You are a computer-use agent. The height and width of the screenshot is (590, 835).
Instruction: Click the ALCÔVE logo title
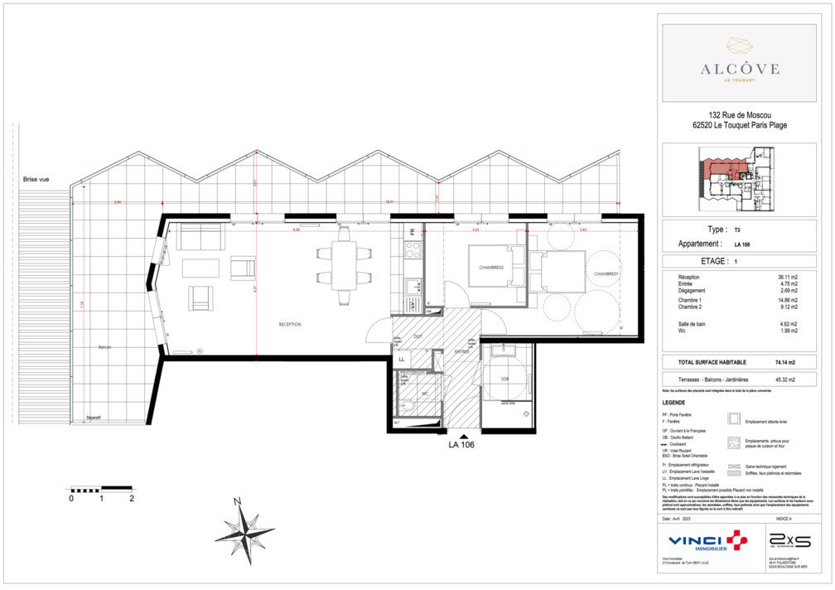tap(740, 68)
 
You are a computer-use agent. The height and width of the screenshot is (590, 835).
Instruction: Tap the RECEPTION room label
tap(290, 324)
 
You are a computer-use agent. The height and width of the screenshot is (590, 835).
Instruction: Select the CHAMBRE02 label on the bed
tap(491, 268)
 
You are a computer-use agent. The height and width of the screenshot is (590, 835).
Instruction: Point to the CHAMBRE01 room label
tap(606, 273)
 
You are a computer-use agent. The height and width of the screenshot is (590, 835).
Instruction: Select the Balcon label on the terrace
tap(105, 347)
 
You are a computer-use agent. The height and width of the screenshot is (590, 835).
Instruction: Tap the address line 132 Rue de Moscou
tap(740, 115)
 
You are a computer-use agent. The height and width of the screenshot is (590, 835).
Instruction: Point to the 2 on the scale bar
tap(132, 498)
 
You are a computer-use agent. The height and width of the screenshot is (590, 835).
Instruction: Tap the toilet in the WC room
tap(407, 405)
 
